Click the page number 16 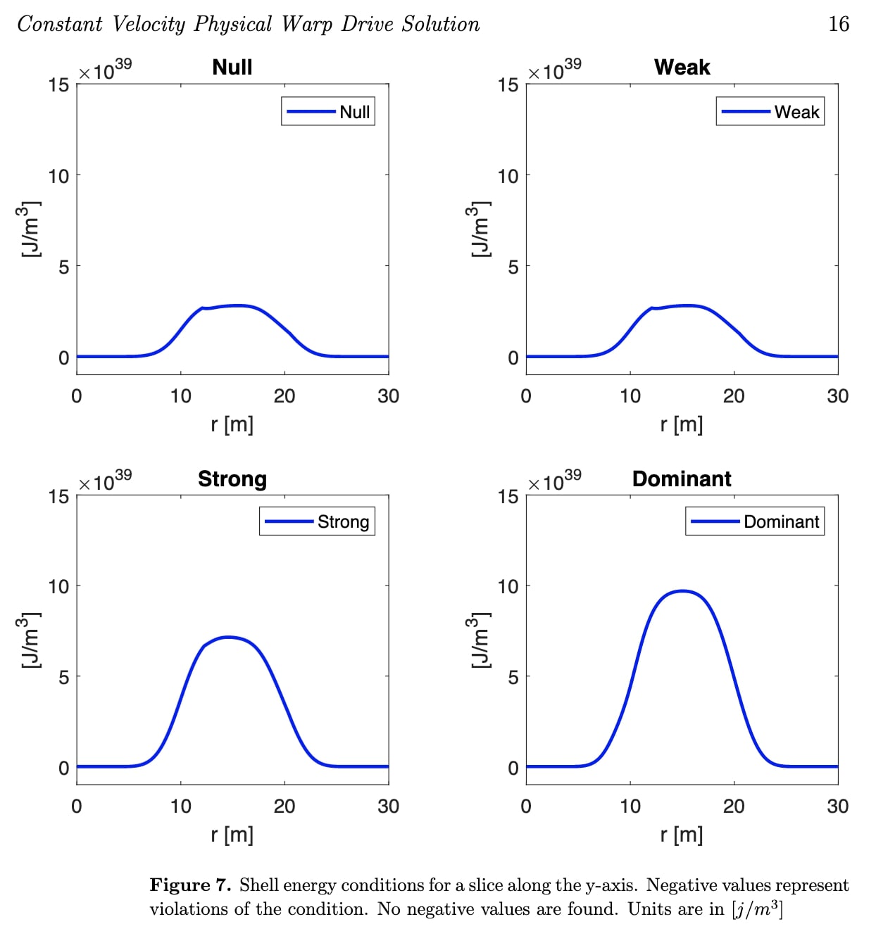(x=838, y=24)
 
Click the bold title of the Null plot (x=232, y=68)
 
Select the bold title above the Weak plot (x=682, y=68)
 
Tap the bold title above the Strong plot (x=232, y=479)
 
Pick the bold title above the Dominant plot (x=682, y=479)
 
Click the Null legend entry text (x=354, y=112)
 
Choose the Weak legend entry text (x=796, y=112)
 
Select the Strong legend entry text (x=343, y=522)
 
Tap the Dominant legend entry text (x=781, y=522)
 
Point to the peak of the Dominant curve (x=682, y=591)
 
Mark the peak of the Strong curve (x=228, y=638)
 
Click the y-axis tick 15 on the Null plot (x=59, y=85)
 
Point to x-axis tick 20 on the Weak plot (x=734, y=396)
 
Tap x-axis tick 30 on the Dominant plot (x=837, y=806)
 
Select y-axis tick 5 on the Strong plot (x=63, y=677)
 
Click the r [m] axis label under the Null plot (x=232, y=424)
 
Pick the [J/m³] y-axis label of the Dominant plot (x=479, y=640)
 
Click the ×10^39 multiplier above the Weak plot (x=555, y=70)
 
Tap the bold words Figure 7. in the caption (x=190, y=885)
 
